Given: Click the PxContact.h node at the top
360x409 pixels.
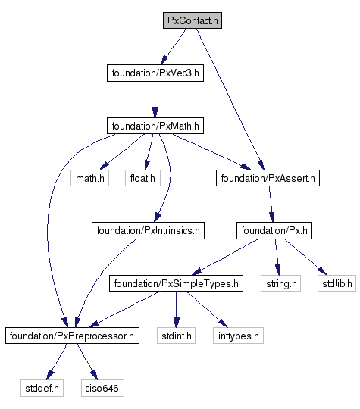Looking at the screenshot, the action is tap(193, 20).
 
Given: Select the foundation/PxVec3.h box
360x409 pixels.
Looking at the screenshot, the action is tap(155, 73).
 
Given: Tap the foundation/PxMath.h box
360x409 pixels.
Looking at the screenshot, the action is tap(155, 126).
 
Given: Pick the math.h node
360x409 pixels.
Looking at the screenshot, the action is tap(89, 178).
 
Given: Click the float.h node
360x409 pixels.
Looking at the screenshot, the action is tap(142, 178).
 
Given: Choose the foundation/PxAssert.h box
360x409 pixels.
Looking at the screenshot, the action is tap(268, 178).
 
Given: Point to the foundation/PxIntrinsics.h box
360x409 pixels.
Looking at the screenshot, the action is tap(148, 230).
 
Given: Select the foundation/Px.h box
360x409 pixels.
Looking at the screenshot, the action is tap(274, 230).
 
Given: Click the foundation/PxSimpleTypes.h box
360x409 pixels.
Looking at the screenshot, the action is tap(176, 283).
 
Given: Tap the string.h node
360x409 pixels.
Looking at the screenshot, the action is tap(280, 283).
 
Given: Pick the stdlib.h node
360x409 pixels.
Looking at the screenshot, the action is tap(337, 283).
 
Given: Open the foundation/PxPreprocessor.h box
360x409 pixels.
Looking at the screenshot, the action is tap(72, 336).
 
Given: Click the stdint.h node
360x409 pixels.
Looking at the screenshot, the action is tap(176, 336).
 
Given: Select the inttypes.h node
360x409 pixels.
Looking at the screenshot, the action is tap(238, 336).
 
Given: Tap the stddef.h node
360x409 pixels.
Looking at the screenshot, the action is tap(42, 388).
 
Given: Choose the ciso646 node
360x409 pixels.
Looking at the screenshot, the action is tap(102, 388).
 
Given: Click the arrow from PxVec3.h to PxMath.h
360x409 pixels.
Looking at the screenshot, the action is tap(155, 99).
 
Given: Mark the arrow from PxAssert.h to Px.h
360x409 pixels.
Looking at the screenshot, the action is tap(271, 204).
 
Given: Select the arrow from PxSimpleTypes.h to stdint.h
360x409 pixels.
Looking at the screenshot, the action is tap(177, 309).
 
